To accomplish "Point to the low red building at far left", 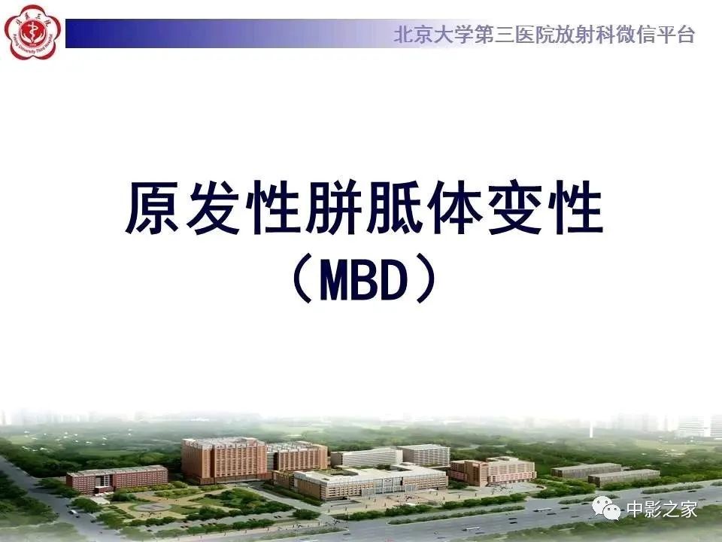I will pyautogui.click(x=117, y=479).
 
